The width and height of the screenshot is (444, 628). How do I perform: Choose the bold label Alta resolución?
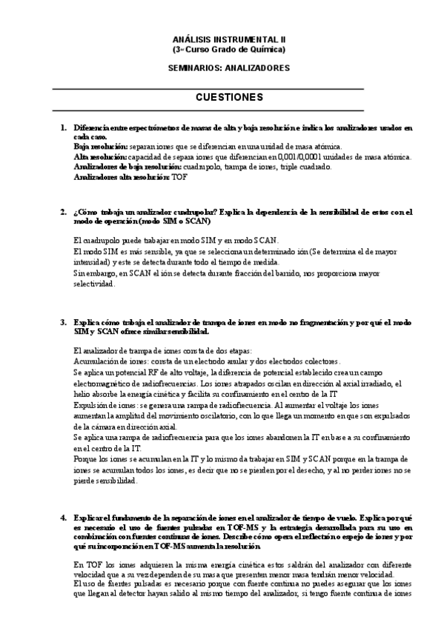click(x=100, y=157)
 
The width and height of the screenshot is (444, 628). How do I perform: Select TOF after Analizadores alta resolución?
click(x=177, y=177)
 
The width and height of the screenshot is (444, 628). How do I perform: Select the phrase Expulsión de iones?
click(x=105, y=406)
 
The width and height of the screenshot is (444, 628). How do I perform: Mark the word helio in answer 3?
click(x=82, y=396)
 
